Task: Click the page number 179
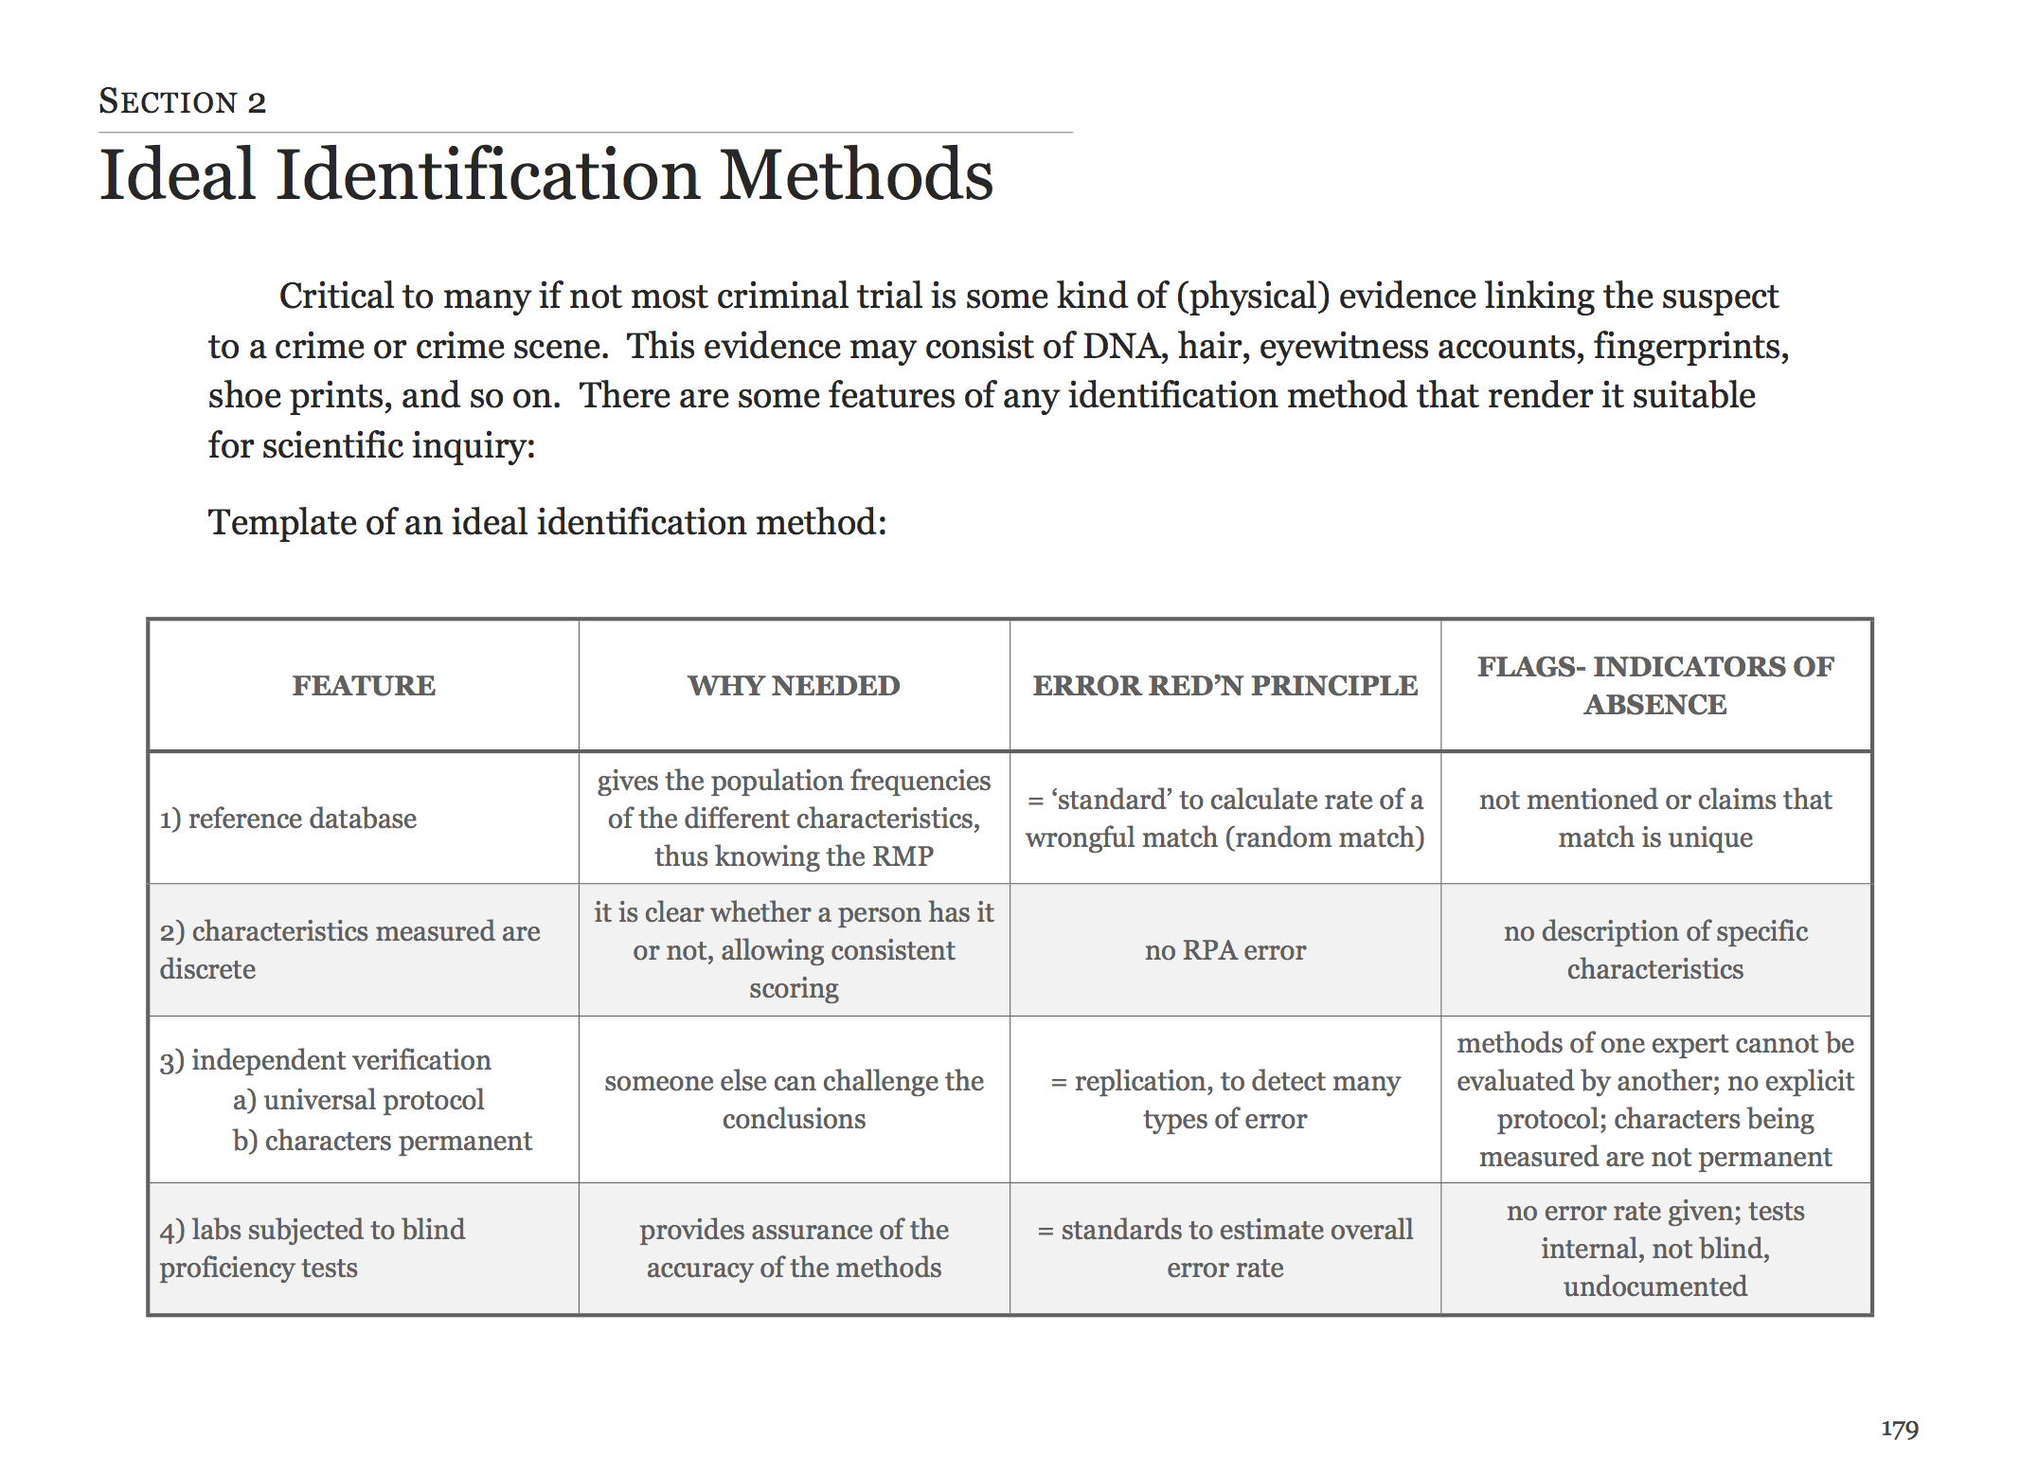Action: click(x=1899, y=1429)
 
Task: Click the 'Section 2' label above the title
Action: click(x=182, y=101)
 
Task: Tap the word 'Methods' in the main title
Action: click(x=856, y=176)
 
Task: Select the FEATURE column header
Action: click(x=364, y=685)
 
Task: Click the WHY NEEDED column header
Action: click(x=794, y=685)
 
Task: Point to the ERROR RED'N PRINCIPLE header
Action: click(x=1225, y=685)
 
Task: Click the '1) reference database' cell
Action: click(x=288, y=819)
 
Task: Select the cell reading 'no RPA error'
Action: click(x=1225, y=950)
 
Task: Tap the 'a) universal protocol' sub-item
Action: click(x=358, y=1100)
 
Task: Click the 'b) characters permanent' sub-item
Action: click(x=382, y=1141)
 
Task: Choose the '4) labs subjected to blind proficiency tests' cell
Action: click(x=312, y=1249)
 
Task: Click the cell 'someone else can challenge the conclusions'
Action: click(x=794, y=1100)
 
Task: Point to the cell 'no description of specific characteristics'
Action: click(x=1655, y=950)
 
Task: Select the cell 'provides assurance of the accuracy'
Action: click(x=794, y=1249)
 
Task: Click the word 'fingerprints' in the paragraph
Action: click(x=1689, y=347)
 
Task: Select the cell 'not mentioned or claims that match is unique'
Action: click(x=1655, y=819)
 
